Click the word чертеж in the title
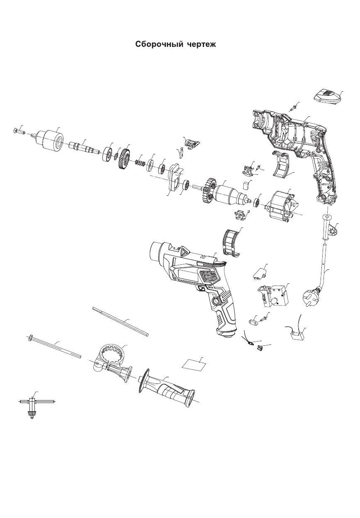(202, 44)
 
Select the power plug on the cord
(310, 295)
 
